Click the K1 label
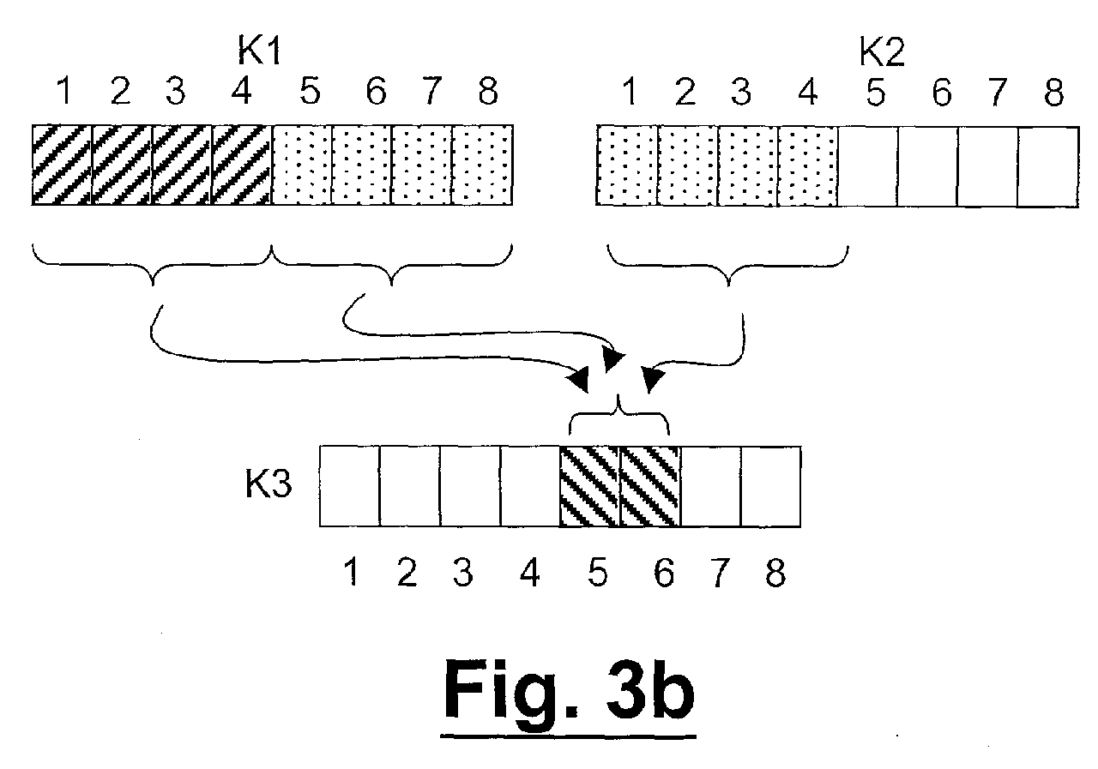pos(259,51)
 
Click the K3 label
pos(268,484)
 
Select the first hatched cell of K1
pos(62,165)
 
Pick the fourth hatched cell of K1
pos(242,165)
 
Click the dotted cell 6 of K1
pos(362,165)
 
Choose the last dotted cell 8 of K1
pos(482,165)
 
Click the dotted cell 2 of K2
pos(687,166)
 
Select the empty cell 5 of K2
pos(867,166)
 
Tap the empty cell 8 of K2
pos(1048,167)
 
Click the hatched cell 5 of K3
pos(590,486)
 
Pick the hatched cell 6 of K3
pos(650,486)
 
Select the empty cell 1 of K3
pos(349,486)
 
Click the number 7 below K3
pos(719,573)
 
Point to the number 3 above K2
pos(740,92)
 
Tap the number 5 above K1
pos(310,91)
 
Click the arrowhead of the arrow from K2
pos(653,379)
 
